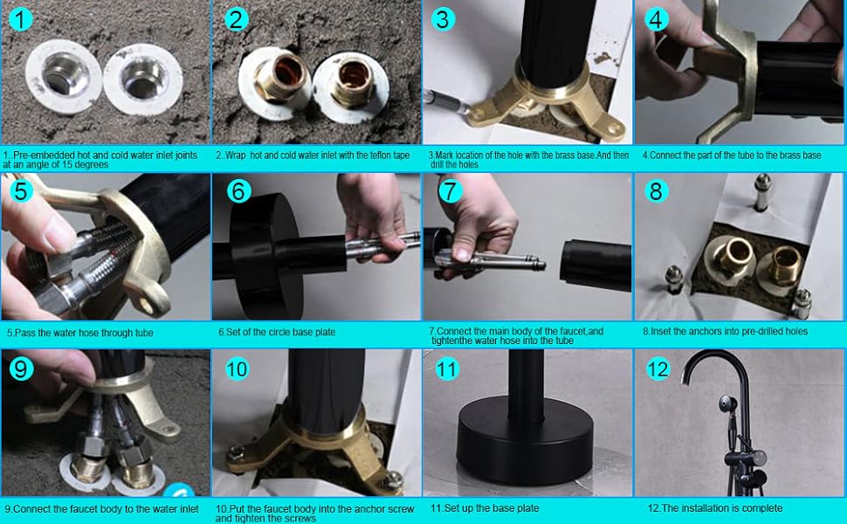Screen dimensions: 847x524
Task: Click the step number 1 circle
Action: click(21, 20)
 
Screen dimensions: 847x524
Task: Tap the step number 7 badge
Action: click(450, 190)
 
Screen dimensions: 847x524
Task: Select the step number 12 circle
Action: click(658, 369)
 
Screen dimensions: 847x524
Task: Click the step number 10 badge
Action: click(238, 369)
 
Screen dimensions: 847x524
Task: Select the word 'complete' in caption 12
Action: click(762, 507)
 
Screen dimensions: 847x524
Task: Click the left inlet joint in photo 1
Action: click(63, 78)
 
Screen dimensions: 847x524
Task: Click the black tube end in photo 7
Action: click(596, 264)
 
